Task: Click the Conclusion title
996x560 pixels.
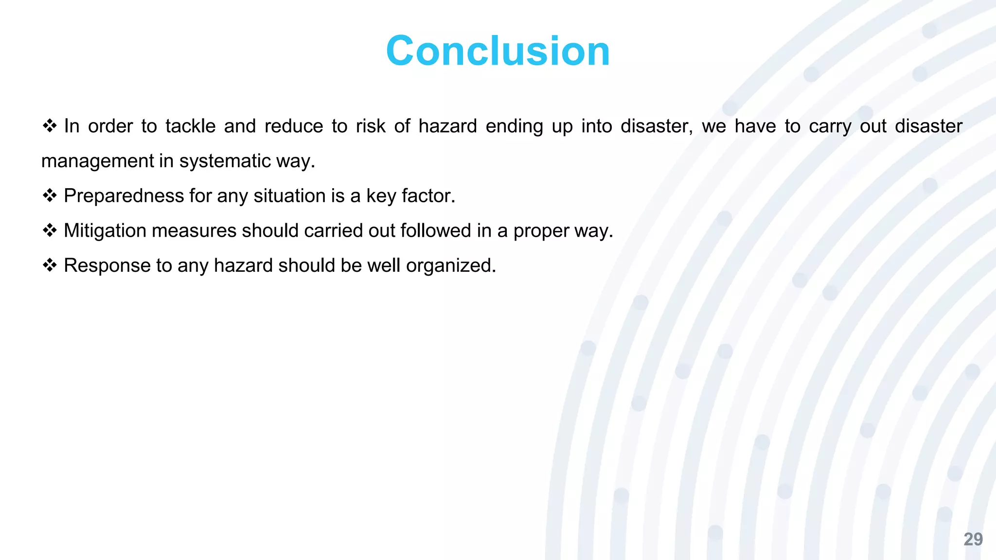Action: point(498,51)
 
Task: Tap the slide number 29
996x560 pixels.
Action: point(973,540)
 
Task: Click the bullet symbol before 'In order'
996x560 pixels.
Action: point(50,126)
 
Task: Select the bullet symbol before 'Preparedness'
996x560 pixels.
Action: point(50,196)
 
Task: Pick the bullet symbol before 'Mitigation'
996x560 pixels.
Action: point(50,230)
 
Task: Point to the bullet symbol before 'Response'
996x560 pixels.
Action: point(50,265)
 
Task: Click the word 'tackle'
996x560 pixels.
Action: point(190,126)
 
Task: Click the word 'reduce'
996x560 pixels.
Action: point(294,126)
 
